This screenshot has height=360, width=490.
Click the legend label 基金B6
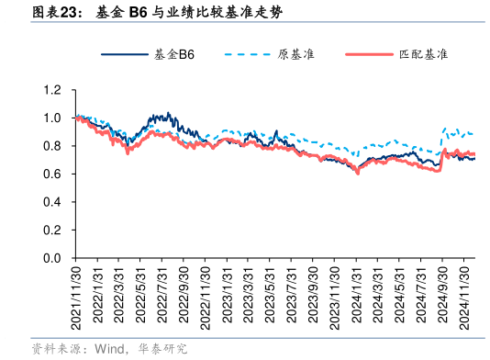(x=173, y=55)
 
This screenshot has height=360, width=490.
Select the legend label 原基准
(x=295, y=55)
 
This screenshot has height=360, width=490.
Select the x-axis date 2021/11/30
(x=77, y=297)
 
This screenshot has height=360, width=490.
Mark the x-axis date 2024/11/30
(x=467, y=297)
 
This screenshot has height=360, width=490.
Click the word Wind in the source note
(x=108, y=349)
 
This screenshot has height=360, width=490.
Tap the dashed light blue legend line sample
(x=246, y=55)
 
